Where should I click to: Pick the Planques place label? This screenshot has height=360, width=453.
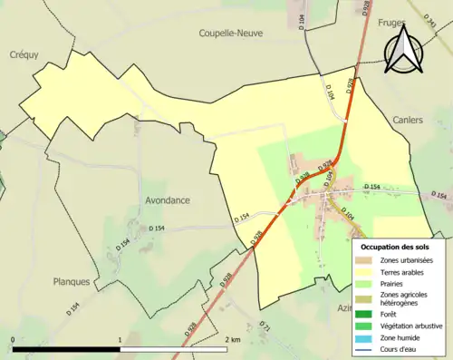pyautogui.click(x=72, y=281)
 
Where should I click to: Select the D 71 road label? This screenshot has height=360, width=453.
pyautogui.click(x=265, y=325)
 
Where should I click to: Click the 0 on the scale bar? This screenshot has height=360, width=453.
pyautogui.click(x=13, y=339)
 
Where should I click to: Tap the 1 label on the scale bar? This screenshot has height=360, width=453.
pyautogui.click(x=120, y=339)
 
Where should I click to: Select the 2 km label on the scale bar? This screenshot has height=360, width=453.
pyautogui.click(x=232, y=339)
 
